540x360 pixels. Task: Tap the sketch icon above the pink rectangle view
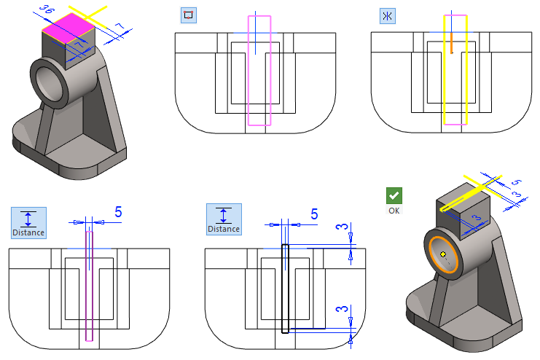click(189, 15)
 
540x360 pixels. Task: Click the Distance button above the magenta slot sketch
click(28, 222)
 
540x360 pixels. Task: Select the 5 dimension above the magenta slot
click(118, 212)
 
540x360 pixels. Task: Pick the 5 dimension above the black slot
click(314, 214)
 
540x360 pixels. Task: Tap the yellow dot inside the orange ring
click(442, 254)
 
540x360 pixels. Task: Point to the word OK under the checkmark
click(394, 210)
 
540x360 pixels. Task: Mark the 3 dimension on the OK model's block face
click(474, 218)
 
